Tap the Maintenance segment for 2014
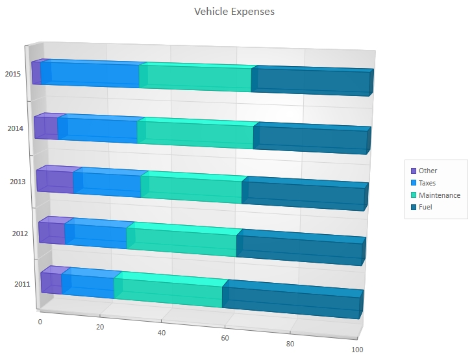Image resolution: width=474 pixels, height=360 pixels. point(195,134)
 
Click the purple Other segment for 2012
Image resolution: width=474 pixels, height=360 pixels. point(52,232)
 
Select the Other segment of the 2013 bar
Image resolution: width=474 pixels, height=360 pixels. point(55,181)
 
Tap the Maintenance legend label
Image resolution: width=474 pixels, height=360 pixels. point(439,195)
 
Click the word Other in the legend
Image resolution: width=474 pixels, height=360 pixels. point(428,171)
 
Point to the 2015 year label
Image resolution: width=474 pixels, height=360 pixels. point(13,74)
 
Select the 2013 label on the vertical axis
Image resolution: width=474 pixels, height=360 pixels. point(18,182)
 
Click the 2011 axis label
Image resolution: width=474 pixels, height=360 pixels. point(22,283)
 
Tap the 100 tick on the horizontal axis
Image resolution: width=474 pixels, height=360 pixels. point(356,350)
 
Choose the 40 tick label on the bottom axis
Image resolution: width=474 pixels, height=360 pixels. point(162,333)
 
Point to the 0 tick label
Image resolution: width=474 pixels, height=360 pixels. point(40,322)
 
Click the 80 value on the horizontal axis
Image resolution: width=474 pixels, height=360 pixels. point(290,344)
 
